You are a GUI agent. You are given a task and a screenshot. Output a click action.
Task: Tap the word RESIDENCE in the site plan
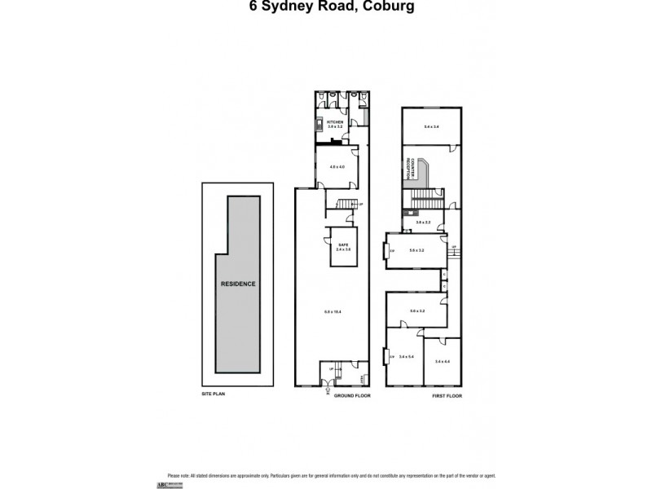(238, 284)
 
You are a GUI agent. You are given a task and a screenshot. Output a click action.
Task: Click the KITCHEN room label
(336, 122)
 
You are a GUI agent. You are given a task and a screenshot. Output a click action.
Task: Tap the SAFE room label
(343, 245)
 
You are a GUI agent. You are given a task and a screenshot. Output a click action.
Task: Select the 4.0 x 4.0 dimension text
(337, 167)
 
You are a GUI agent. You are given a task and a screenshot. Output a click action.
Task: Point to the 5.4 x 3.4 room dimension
(431, 126)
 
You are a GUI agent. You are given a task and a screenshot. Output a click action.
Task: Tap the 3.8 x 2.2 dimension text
(423, 222)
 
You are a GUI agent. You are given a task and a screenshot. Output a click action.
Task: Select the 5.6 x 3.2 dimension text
(417, 250)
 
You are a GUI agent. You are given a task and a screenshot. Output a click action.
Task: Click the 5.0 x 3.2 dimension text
(417, 311)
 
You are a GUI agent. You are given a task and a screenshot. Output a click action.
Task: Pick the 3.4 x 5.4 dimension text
(405, 357)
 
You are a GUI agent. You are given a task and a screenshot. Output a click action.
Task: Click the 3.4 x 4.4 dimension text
(443, 361)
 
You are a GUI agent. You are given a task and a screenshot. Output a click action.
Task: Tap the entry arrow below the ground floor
(327, 390)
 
